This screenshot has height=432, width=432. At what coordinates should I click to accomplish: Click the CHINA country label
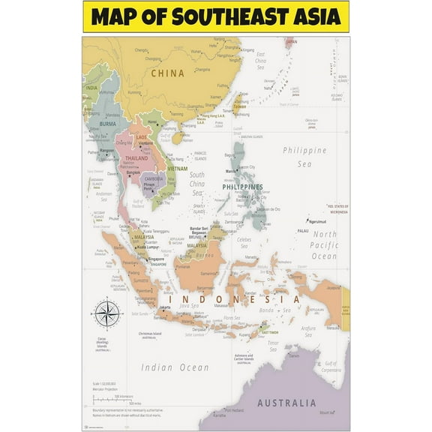pyautogui.click(x=168, y=73)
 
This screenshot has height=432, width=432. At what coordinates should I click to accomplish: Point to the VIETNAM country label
pyautogui.click(x=177, y=169)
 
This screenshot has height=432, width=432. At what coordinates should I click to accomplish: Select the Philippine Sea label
pyautogui.click(x=304, y=156)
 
